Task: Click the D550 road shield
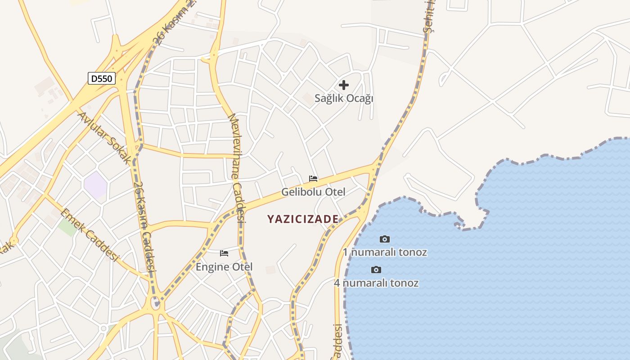point(101,79)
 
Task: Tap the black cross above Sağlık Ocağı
point(344,85)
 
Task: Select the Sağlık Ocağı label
point(344,98)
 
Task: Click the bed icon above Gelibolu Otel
point(313,179)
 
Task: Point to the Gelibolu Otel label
point(313,192)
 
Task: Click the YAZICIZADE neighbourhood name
point(303,219)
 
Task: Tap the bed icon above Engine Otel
point(224,253)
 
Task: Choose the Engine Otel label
point(224,267)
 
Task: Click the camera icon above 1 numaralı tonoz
point(385,239)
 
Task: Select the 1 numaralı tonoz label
point(385,252)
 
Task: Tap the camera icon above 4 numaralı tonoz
point(376,270)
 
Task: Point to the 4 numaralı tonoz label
point(376,283)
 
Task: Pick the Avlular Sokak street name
point(104,137)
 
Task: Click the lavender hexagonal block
point(95,184)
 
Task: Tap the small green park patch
point(67,227)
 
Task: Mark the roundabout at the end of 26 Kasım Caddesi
point(156,303)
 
